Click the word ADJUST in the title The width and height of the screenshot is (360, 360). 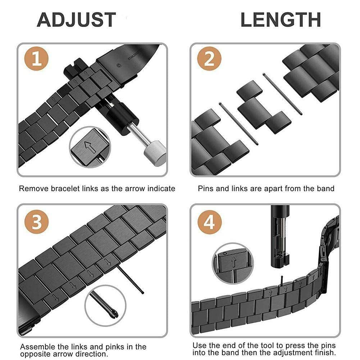76,20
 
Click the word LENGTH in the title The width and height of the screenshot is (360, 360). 281,20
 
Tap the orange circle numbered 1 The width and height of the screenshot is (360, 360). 37,59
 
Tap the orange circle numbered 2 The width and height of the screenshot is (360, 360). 209,59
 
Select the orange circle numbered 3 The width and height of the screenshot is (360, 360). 37,222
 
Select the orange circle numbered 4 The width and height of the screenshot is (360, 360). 210,222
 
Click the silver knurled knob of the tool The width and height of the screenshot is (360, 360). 155,153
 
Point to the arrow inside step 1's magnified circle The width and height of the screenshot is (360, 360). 90,147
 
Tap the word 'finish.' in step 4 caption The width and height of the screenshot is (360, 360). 324,352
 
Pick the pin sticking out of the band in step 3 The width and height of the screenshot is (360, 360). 130,279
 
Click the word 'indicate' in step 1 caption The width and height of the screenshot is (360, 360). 161,188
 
